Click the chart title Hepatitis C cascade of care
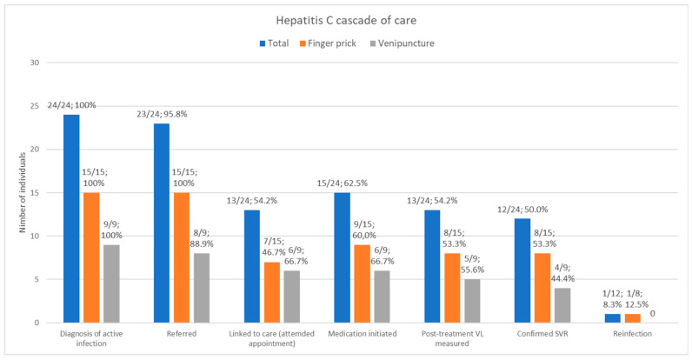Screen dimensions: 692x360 346,20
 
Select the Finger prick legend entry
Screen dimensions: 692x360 328,43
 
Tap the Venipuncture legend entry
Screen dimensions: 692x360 402,43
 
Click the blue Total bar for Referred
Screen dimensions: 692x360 162,223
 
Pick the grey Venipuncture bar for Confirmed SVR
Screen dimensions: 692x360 562,305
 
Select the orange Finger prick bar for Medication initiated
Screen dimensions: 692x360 362,283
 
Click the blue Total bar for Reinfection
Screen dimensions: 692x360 613,318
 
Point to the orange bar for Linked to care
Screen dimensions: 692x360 272,292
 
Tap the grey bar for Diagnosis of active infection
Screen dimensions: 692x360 111,283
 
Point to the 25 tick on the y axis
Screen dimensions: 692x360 35,106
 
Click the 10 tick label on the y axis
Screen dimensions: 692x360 35,236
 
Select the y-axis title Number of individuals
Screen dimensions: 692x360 23,193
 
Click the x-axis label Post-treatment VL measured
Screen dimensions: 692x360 452,338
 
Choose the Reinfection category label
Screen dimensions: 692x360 632,334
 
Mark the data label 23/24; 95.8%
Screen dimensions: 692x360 163,114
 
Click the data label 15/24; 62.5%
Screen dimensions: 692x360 343,183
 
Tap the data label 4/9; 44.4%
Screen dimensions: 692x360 562,273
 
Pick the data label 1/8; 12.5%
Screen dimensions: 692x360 636,298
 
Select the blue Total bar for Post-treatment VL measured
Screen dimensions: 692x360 432,266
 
